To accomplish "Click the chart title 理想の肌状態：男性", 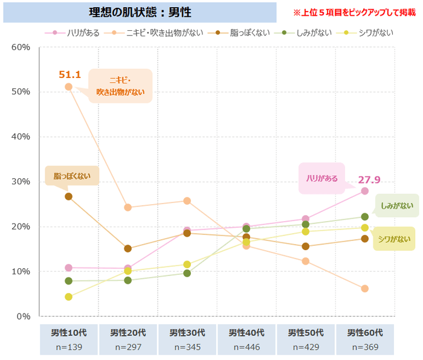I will (x=144, y=12).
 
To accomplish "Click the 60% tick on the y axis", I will (x=21, y=47).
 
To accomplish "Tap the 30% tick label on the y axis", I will (x=21, y=181).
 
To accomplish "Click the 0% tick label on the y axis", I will (x=24, y=316).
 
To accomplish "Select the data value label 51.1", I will (x=69, y=75).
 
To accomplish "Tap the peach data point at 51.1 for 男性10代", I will (x=68, y=87).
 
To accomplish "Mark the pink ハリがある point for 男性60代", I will (x=365, y=191).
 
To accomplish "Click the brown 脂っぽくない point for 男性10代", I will (x=68, y=196).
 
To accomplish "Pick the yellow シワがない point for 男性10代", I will (x=68, y=297).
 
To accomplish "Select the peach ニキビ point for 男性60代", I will (x=365, y=289).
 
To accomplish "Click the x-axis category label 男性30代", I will (x=187, y=333).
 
